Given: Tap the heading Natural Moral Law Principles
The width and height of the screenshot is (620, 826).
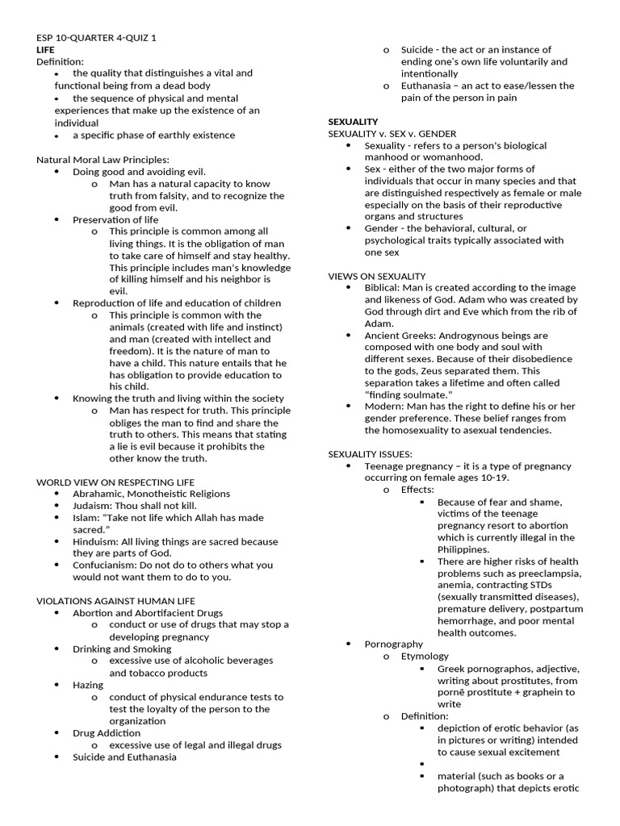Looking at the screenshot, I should [x=103, y=160].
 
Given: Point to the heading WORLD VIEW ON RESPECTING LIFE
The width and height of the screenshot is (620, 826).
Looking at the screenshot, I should [x=115, y=482].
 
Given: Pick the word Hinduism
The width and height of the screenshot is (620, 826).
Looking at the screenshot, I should [x=95, y=541].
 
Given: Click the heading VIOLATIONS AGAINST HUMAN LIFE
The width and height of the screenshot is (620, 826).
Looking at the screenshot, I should [x=117, y=601].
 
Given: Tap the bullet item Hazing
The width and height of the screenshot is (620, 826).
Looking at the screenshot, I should [x=88, y=685].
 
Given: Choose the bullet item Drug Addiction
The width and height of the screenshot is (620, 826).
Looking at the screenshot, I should [x=107, y=733].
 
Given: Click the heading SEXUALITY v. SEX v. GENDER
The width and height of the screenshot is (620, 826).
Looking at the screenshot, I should [x=392, y=133].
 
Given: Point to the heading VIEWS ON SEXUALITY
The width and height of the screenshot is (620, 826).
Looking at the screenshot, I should [x=376, y=276].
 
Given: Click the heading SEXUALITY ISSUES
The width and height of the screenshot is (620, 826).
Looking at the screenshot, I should [x=370, y=454].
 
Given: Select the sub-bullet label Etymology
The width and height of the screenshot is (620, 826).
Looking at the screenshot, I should [x=425, y=656].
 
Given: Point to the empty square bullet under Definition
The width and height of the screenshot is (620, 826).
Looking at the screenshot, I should [x=422, y=764].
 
